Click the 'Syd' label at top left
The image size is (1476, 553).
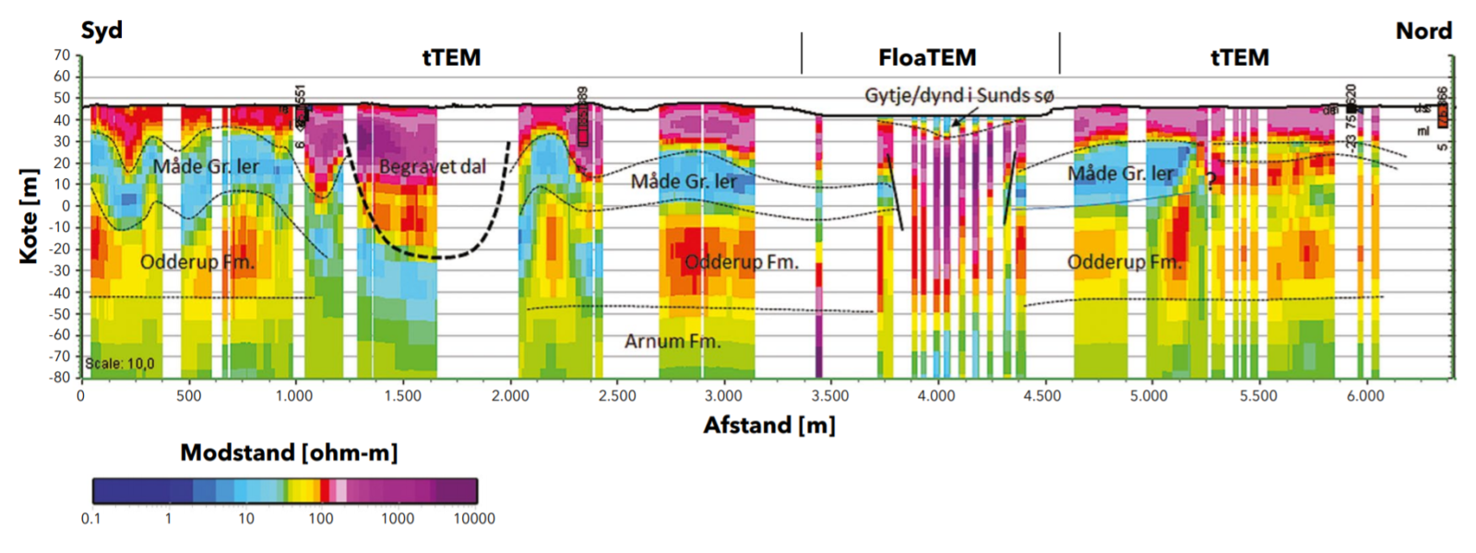tap(101, 30)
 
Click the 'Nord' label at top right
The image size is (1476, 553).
tap(1423, 31)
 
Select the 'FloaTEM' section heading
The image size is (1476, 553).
tap(927, 58)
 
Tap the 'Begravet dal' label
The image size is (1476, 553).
tap(433, 167)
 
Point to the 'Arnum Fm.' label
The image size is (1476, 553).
tap(673, 342)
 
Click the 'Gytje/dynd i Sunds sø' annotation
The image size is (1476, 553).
tap(958, 95)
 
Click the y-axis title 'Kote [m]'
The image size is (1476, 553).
tap(29, 216)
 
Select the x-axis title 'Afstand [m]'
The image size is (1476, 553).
tap(769, 426)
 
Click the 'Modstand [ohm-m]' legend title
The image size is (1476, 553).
tap(289, 453)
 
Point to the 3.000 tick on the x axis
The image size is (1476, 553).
tap(722, 396)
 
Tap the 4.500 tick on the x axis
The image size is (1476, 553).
tap(1042, 396)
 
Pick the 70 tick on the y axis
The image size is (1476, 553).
tap(62, 55)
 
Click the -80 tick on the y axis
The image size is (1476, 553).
tap(59, 378)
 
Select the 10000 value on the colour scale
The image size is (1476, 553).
tap(474, 519)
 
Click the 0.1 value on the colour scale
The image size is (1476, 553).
tap(90, 519)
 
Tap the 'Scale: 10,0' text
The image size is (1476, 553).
tap(120, 364)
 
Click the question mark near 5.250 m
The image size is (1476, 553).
tap(1210, 183)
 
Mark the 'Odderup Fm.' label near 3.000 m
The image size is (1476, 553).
tap(742, 262)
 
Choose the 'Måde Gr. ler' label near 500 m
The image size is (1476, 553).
tap(206, 167)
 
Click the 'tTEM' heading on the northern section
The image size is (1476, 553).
tap(1239, 58)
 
